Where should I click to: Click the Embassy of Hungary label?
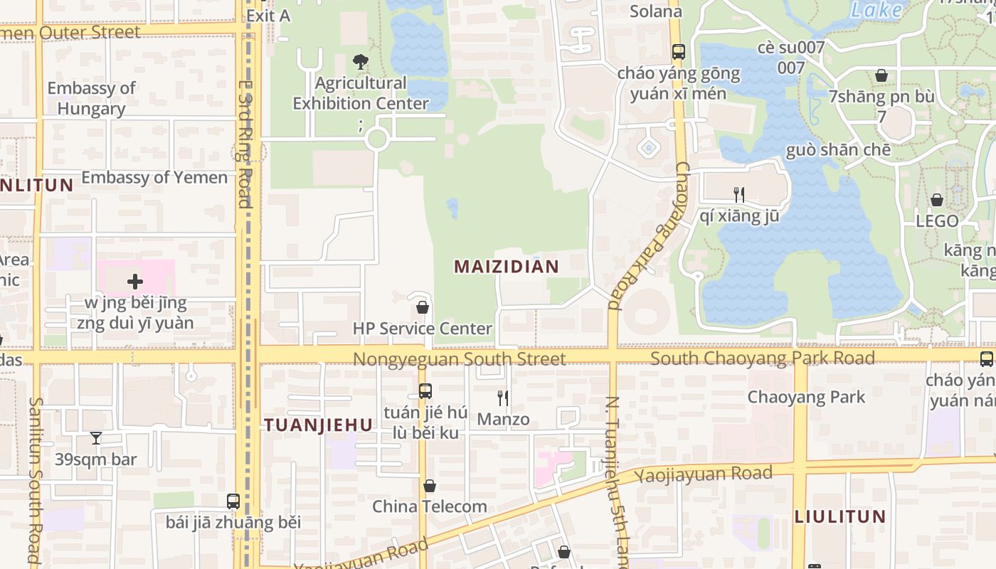pos(91,98)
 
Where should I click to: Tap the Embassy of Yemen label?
pos(154,177)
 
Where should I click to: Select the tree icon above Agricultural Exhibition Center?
pos(361,62)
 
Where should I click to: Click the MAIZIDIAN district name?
pos(507,267)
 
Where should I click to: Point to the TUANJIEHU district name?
pos(318,425)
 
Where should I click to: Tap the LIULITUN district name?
pos(839,516)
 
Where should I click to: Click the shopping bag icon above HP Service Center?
pos(423,307)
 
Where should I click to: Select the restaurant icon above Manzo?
pos(503,398)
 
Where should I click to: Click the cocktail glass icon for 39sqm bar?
pos(96,438)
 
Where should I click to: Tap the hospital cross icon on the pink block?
pos(135,282)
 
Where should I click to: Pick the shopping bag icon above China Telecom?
pos(430,486)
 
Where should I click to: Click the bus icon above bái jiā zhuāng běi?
pos(233,501)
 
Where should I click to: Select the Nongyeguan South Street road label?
pos(460,358)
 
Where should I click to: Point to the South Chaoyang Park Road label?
pos(762,358)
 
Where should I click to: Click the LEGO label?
pos(937,221)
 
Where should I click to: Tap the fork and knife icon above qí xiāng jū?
pos(739,193)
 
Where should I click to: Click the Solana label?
pos(656,11)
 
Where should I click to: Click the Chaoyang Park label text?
pos(806,397)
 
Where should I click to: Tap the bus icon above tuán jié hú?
pos(425,391)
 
